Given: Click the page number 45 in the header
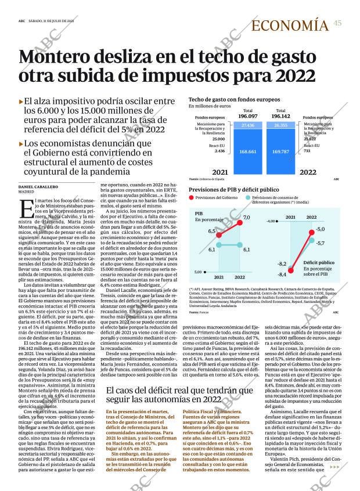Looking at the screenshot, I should click(338, 23).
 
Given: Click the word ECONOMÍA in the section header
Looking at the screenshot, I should click(291, 25).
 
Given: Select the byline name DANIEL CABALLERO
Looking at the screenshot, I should click(38, 186).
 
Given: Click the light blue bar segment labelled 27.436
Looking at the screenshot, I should click(248, 125).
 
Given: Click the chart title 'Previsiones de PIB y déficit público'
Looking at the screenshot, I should click(234, 190).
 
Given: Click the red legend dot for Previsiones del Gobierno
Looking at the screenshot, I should click(192, 198).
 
